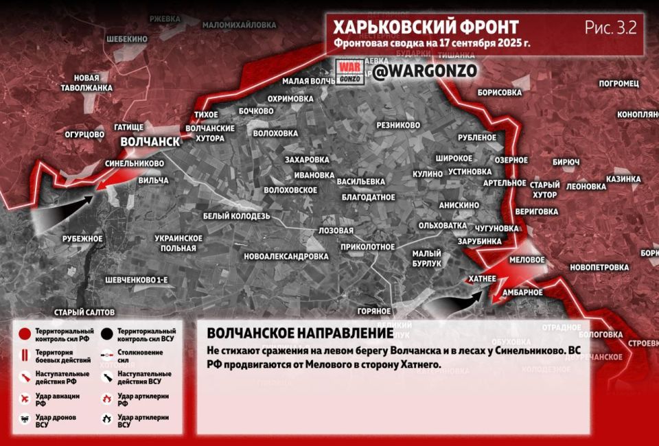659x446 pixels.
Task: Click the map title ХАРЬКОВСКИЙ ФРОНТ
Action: pos(426,27)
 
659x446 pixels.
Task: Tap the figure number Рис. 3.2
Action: pos(610,27)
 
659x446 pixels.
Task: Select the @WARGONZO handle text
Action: pos(426,71)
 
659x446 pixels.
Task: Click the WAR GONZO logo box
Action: pos(349,72)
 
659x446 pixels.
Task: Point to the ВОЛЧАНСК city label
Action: pos(150,141)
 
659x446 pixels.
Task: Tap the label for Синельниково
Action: pos(135,164)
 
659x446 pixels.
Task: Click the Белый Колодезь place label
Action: pos(236,216)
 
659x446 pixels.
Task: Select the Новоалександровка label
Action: pos(286,256)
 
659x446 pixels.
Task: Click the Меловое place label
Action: pos(527,260)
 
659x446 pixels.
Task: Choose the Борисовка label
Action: pos(499,92)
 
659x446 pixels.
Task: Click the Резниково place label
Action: pos(398,126)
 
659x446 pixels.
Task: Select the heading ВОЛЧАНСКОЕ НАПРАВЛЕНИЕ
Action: pos(300,333)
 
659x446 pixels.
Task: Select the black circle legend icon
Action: pos(106,335)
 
